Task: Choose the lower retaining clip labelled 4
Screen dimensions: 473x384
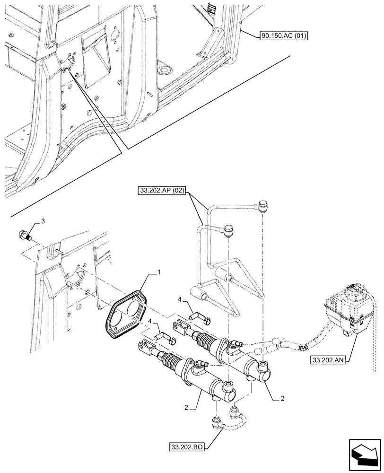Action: [165, 336]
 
